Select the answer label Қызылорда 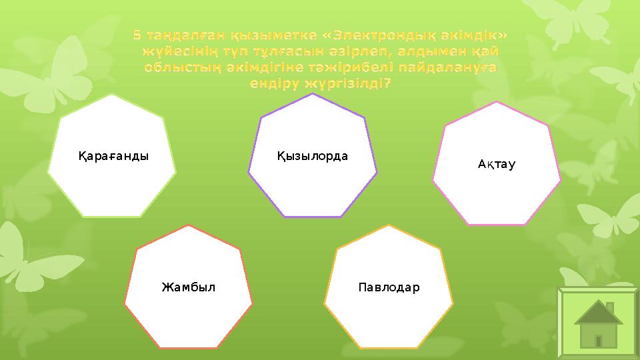point(313,156)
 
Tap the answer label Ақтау point(497,164)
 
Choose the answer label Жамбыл point(189,287)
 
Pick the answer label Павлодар point(389,287)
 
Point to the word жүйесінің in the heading point(172,51)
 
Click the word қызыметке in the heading point(260,34)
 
